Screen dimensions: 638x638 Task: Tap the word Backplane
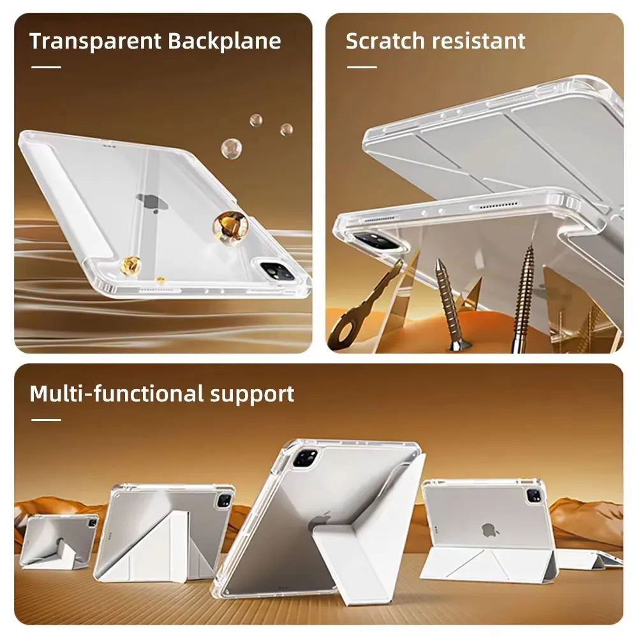pyautogui.click(x=224, y=41)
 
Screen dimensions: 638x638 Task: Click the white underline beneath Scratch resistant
pyautogui.click(x=362, y=67)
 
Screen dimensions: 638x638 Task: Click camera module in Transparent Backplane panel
pyautogui.click(x=276, y=271)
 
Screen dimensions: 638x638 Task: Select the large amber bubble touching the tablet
pyautogui.click(x=230, y=226)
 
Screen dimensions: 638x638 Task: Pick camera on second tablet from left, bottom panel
pyautogui.click(x=224, y=500)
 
